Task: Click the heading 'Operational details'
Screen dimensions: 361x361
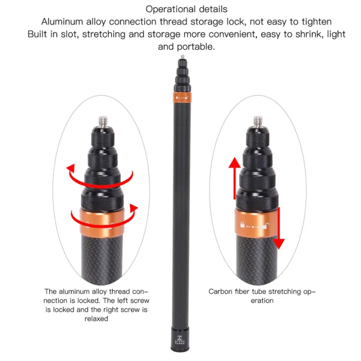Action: tap(186, 9)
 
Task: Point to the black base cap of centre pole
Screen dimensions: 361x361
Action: tap(179, 342)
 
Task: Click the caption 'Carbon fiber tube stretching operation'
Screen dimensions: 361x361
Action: tap(262, 296)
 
